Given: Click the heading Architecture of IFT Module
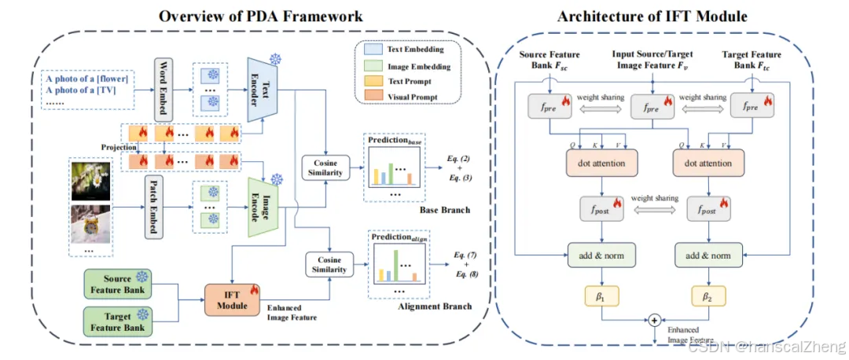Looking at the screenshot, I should click(x=652, y=16).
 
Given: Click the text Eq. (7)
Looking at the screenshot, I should click(x=465, y=255).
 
